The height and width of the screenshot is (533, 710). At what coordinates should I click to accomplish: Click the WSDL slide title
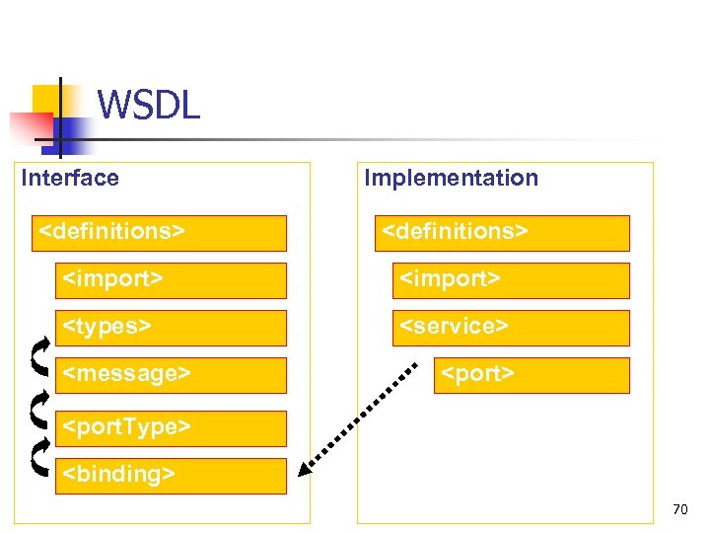(x=149, y=104)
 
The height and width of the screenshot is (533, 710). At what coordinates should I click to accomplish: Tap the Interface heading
(x=70, y=178)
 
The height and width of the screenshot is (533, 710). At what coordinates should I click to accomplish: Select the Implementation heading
(x=451, y=178)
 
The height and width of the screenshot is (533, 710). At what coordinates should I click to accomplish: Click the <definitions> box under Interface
(x=159, y=233)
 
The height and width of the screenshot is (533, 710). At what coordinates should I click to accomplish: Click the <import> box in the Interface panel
(x=171, y=280)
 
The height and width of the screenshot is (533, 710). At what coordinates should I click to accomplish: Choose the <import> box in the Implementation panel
(x=510, y=280)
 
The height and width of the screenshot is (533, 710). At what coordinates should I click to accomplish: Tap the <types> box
(x=171, y=328)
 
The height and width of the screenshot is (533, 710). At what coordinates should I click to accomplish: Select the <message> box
(x=171, y=375)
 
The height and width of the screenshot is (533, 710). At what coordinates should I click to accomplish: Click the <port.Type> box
(x=171, y=428)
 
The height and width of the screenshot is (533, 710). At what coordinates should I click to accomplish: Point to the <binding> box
(x=171, y=476)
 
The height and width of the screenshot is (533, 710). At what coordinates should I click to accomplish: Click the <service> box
(x=510, y=328)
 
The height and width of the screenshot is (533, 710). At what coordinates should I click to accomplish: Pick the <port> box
(x=532, y=375)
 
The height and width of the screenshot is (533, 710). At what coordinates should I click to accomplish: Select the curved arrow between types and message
(x=39, y=352)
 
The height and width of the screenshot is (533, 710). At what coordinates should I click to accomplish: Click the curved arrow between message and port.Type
(x=39, y=406)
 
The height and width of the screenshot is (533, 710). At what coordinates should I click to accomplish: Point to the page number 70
(x=679, y=510)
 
